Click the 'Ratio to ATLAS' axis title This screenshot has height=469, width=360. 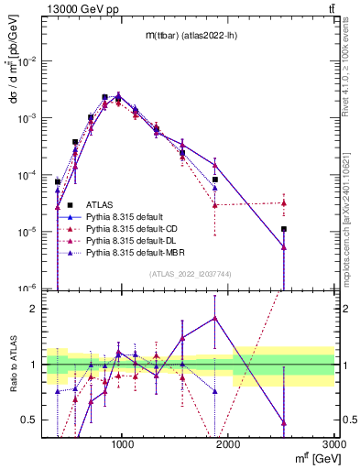(13, 364)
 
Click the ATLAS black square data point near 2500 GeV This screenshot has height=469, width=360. (284, 229)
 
